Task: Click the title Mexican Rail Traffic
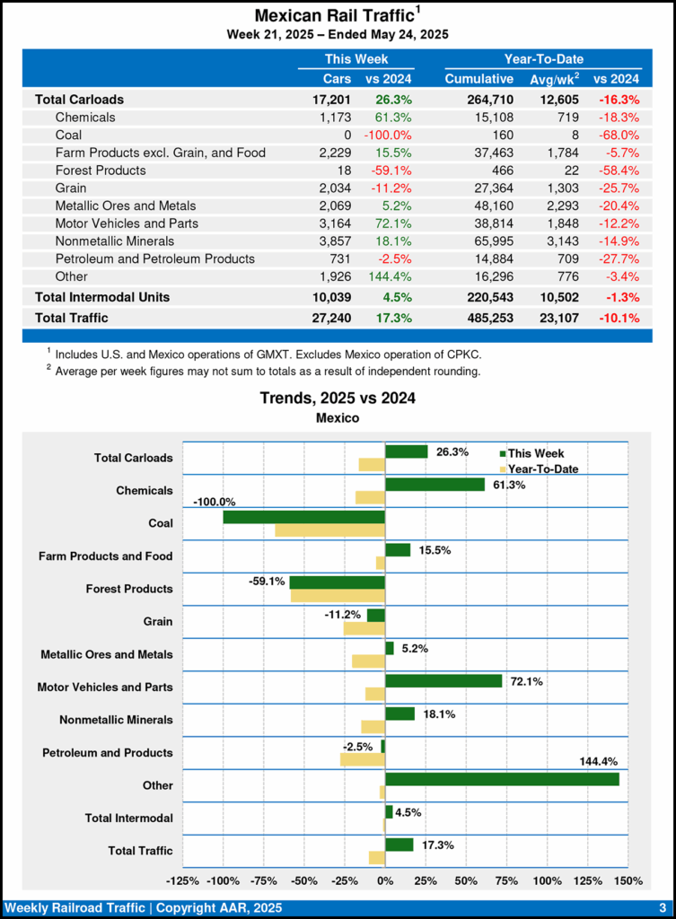tap(334, 15)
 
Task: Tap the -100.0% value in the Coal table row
tap(389, 135)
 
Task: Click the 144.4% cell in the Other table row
tap(389, 276)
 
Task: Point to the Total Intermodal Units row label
tap(102, 296)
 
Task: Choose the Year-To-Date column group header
tap(543, 59)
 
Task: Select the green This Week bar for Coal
tap(303, 517)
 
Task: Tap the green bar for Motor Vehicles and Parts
tap(443, 681)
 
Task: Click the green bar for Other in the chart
tap(502, 779)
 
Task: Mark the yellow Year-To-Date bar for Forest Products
tap(338, 596)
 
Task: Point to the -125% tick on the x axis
tap(184, 880)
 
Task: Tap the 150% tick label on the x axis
tap(628, 880)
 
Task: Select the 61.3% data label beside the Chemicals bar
tap(509, 486)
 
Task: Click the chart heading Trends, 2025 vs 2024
tap(338, 398)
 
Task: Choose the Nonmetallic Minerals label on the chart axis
tap(116, 720)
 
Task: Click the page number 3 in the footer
tap(661, 907)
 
